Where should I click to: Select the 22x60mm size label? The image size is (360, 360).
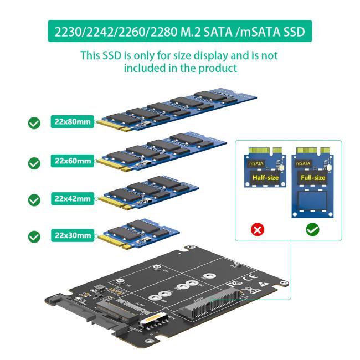(72, 161)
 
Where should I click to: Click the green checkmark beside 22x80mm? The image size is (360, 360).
(34, 123)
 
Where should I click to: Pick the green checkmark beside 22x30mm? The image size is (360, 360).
(34, 237)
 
